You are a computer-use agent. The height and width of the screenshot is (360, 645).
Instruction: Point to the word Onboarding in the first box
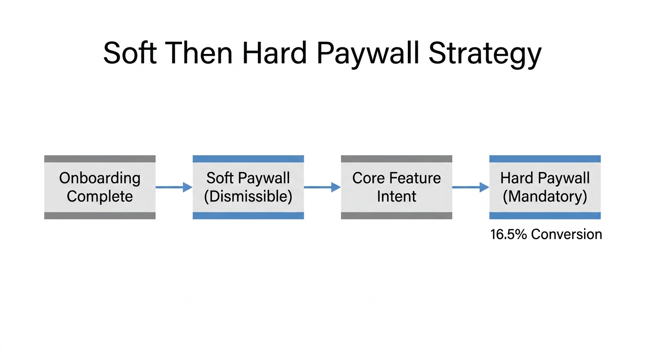tap(99, 178)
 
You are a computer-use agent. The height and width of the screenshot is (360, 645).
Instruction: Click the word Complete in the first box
tap(99, 196)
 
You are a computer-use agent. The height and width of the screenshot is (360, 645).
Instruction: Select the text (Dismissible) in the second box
tap(248, 196)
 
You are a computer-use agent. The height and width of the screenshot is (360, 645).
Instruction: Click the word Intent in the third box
tap(396, 196)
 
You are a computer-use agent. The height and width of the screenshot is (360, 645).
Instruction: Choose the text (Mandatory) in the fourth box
tap(545, 196)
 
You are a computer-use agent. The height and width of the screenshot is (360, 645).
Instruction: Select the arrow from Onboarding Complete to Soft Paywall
tap(174, 187)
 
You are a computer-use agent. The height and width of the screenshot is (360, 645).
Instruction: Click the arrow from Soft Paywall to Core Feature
tap(322, 187)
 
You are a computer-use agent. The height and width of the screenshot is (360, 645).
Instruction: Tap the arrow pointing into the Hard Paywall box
tap(471, 187)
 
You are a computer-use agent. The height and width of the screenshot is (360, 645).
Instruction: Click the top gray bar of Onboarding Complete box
tap(99, 159)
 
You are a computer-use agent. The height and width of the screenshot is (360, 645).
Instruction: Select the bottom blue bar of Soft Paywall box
tap(248, 216)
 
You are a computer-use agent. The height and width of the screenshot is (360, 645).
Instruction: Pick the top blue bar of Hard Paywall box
tap(545, 159)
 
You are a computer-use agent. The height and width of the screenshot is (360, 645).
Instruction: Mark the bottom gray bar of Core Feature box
tap(396, 216)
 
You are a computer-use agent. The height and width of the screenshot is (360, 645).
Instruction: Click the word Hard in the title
tap(276, 52)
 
